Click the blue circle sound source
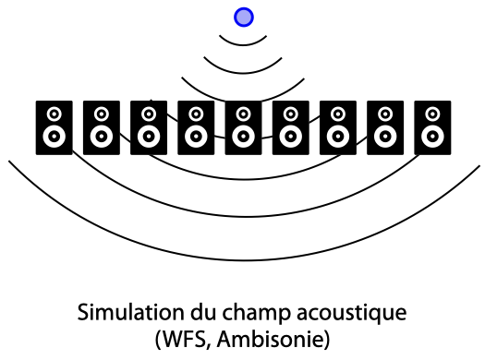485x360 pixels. point(244,18)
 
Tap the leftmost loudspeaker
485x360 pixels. point(55,127)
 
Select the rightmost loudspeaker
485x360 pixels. point(432,127)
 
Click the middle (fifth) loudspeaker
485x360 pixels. point(243,127)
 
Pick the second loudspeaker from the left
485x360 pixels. point(102,127)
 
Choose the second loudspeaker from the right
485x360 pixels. point(385,127)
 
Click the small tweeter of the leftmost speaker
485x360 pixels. point(55,114)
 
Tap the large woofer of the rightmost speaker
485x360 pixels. point(432,136)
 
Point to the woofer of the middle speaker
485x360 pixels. point(243,136)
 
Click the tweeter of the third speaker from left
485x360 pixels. point(149,114)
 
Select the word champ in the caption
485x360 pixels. point(257,313)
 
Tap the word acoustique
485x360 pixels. point(352,313)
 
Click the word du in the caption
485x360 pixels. point(203,312)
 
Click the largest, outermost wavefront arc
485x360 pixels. point(245,260)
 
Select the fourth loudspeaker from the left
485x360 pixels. point(196,127)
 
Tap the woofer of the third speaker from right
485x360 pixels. point(338,136)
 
